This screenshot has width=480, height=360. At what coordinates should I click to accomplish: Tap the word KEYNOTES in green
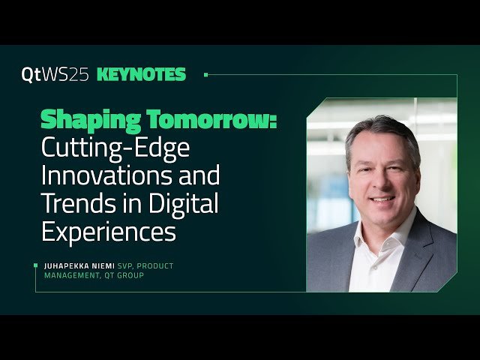141,74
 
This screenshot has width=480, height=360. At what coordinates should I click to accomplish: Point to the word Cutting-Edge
115,148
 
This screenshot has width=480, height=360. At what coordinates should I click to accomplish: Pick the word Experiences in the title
108,231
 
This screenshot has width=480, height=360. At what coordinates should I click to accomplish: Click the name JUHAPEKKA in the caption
73,265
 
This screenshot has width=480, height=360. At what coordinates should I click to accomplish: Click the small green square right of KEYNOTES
205,74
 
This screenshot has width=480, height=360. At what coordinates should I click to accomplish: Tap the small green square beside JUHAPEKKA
36,265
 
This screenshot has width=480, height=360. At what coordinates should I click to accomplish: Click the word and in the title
201,176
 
